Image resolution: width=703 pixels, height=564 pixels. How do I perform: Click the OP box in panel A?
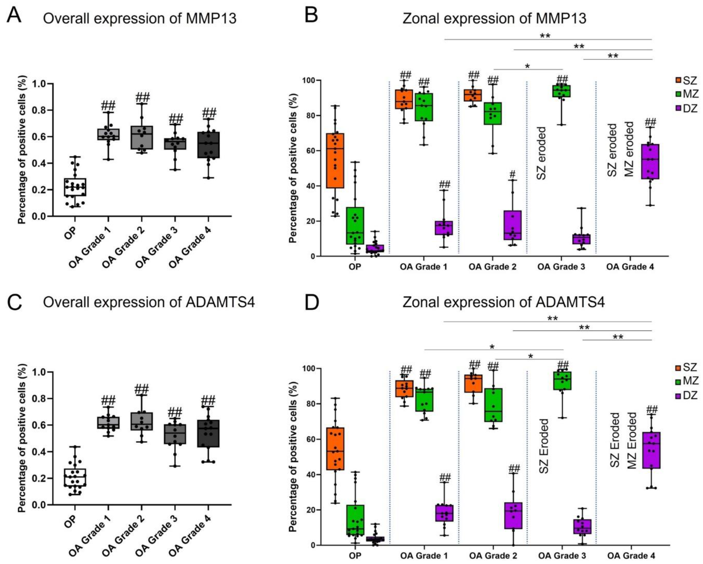(x=75, y=187)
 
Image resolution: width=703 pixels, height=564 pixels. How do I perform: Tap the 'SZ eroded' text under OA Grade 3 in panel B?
(x=541, y=153)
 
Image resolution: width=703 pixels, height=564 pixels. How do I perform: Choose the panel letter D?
(x=311, y=303)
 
